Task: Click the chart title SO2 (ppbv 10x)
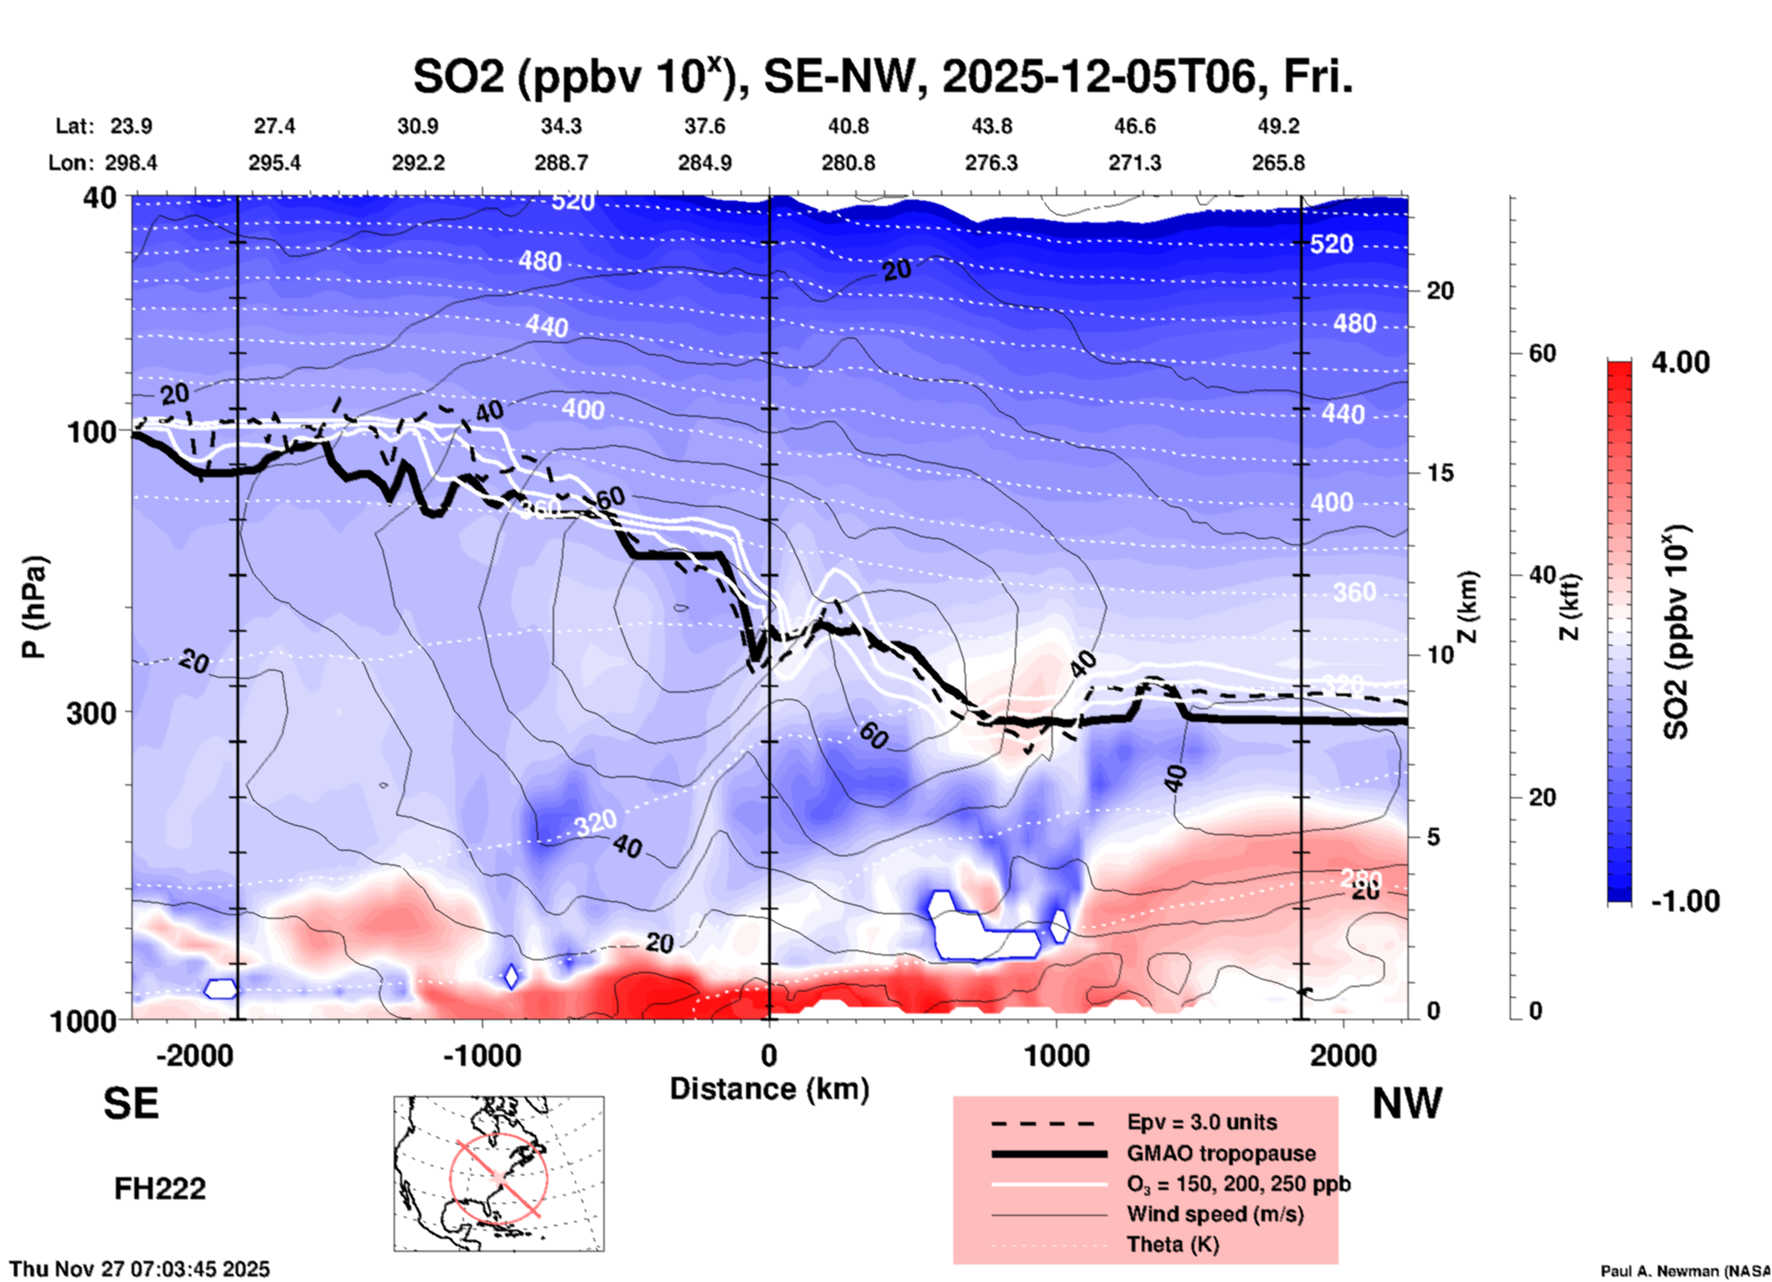(881, 77)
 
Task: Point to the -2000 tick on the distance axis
(194, 1055)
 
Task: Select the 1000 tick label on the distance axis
(1056, 1055)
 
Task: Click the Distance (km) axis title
(769, 1089)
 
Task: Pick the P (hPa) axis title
(34, 607)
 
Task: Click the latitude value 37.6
(704, 126)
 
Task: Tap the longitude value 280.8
(847, 164)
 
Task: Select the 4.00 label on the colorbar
(1680, 362)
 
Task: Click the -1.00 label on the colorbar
(1685, 901)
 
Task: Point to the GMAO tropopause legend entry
(1220, 1153)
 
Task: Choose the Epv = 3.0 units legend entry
(1201, 1123)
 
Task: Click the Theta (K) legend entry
(1172, 1245)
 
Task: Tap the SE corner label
(131, 1104)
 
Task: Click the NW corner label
(1406, 1104)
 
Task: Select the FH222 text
(159, 1189)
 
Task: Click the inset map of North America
(499, 1173)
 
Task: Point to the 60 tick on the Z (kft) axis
(1542, 354)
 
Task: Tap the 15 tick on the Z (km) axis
(1440, 474)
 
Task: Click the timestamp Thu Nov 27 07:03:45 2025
(140, 1269)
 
